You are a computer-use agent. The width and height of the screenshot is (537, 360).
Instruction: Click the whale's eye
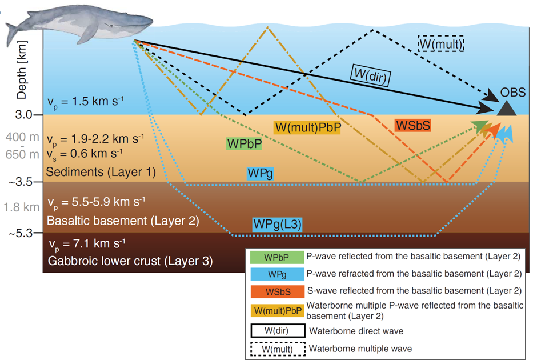(x=112, y=26)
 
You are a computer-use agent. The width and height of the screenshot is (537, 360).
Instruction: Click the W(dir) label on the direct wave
(x=370, y=75)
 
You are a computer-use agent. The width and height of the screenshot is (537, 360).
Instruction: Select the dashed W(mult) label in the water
(x=440, y=43)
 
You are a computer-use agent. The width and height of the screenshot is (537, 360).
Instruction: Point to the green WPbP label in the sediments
(x=244, y=143)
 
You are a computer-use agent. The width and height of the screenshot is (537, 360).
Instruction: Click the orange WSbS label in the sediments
(x=412, y=126)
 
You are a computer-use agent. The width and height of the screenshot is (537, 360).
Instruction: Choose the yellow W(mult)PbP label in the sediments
(x=307, y=127)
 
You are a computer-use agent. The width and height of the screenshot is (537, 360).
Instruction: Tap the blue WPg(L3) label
(x=277, y=225)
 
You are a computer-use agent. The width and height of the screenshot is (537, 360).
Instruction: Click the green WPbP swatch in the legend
(x=276, y=257)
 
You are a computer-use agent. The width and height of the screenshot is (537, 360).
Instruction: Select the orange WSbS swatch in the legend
(x=276, y=291)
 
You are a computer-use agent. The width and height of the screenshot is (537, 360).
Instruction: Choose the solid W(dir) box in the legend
(x=276, y=330)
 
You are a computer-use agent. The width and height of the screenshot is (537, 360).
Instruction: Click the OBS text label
(x=513, y=93)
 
